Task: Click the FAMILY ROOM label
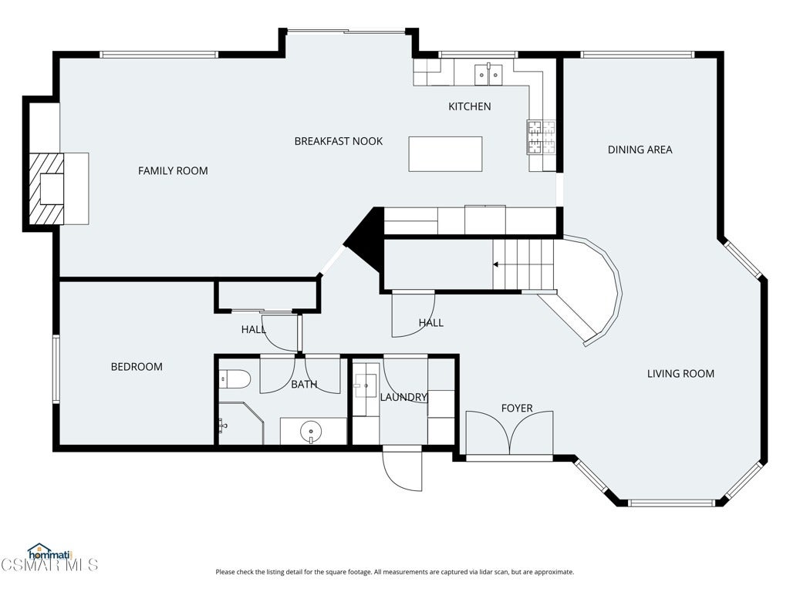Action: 173,170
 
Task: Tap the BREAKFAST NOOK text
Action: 339,141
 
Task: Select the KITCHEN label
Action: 470,106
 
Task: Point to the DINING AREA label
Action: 640,150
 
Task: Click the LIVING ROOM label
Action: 680,374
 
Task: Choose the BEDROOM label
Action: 137,366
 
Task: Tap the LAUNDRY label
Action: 403,397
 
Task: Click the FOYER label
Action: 517,408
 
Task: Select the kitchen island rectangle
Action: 445,154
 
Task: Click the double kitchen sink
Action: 488,75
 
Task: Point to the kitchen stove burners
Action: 541,137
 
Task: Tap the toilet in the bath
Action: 235,379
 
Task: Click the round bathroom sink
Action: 311,432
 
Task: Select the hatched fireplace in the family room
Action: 46,189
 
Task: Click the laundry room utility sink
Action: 365,386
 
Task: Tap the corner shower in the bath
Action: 241,423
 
